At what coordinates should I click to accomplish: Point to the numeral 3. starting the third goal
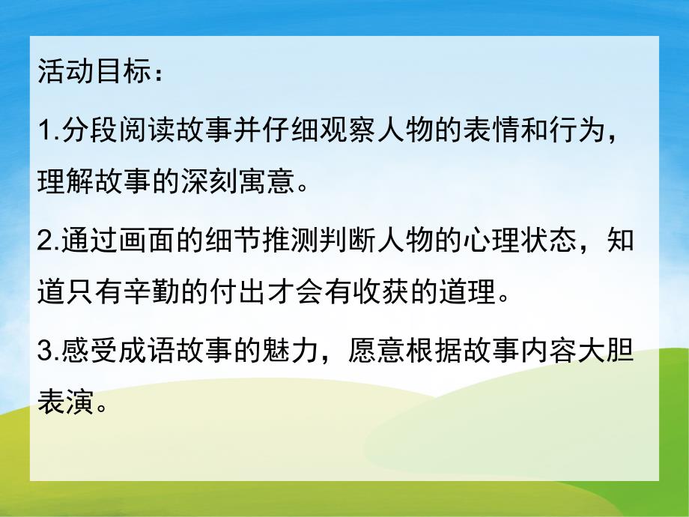[47, 351]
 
